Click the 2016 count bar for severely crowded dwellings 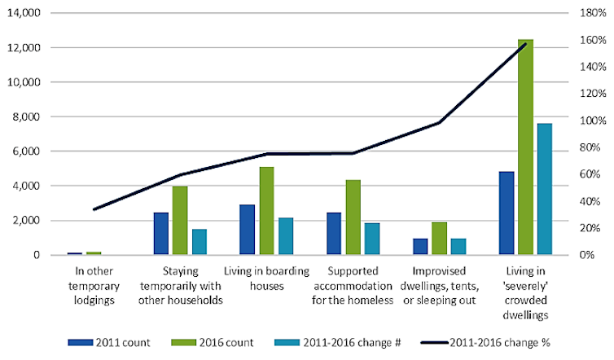(525, 147)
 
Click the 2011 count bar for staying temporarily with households (161, 234)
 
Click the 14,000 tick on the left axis (33, 14)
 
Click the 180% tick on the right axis (590, 14)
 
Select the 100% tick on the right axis (590, 121)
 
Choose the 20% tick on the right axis (590, 228)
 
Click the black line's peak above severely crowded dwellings (525, 44)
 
